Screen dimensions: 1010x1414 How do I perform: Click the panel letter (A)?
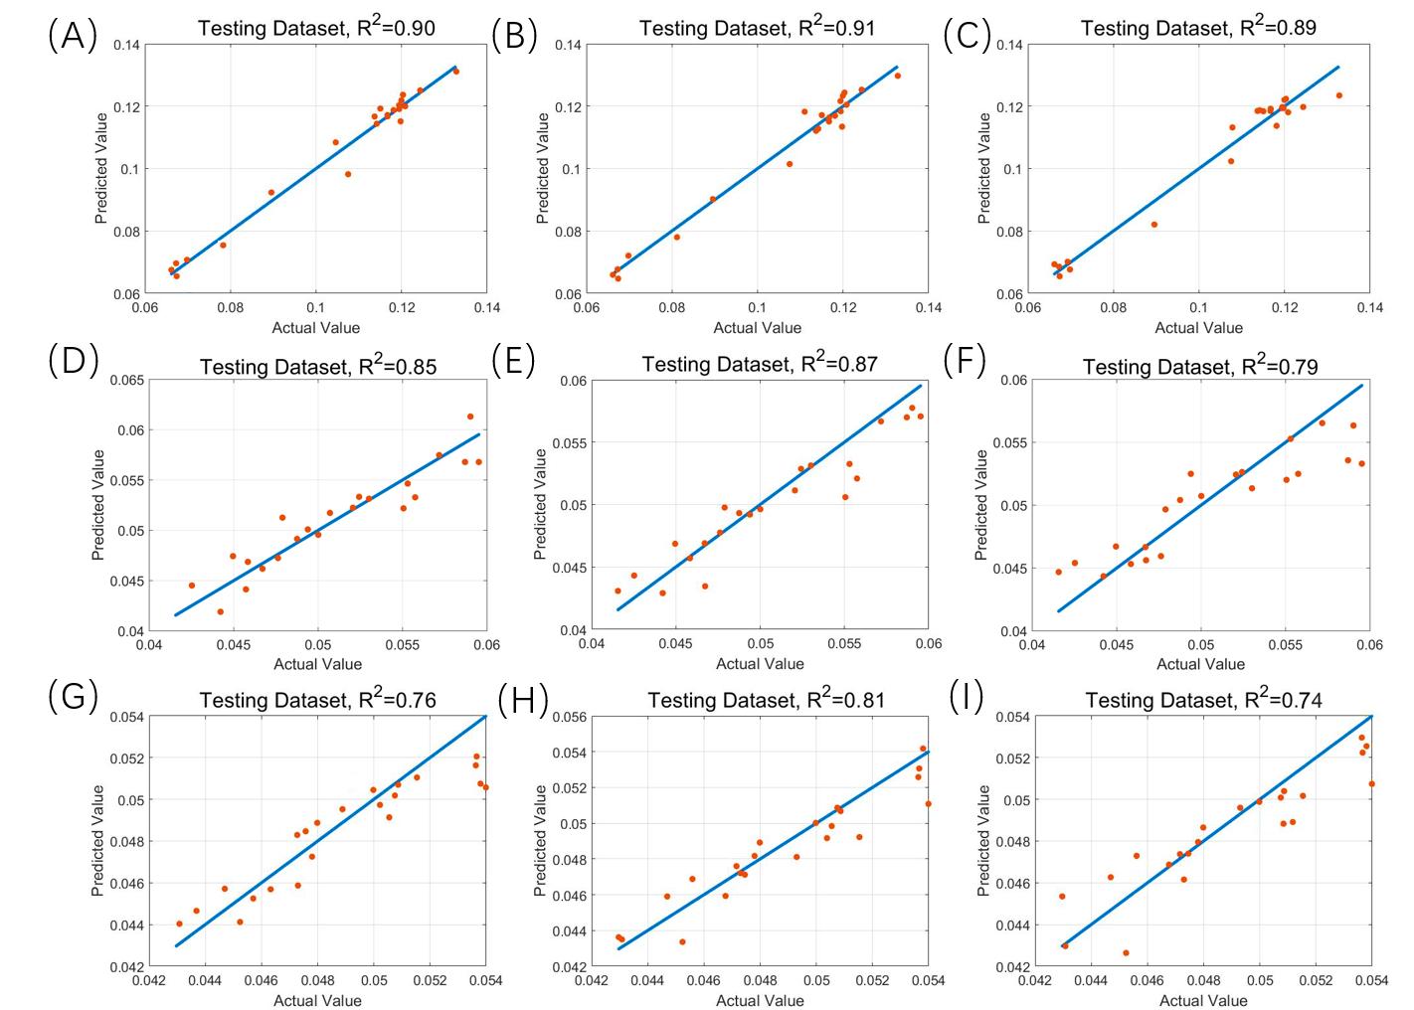(x=72, y=36)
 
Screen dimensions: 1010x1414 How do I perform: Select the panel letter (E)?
(x=513, y=361)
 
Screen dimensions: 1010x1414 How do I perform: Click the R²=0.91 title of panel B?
(x=757, y=28)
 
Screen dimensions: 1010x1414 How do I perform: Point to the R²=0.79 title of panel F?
(x=1200, y=367)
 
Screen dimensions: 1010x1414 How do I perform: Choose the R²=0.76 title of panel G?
(x=317, y=701)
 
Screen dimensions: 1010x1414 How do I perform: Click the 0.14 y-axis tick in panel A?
(x=126, y=45)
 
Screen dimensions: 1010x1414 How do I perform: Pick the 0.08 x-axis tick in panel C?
(x=1113, y=308)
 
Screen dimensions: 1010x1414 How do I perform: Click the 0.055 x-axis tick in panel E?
(x=844, y=644)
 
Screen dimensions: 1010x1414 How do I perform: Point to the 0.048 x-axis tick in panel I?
(x=1203, y=981)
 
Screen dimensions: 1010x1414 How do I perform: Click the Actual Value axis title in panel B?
(x=757, y=328)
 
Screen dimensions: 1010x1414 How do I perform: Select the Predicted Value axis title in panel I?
(x=983, y=841)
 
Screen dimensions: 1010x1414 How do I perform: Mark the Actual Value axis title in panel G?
(x=317, y=1001)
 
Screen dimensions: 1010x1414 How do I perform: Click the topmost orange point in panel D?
(x=470, y=417)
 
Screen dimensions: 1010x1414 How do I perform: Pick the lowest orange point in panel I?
(x=1126, y=952)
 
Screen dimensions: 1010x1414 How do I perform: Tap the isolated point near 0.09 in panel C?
(x=1154, y=225)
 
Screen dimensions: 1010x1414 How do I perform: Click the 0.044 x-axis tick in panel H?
(x=647, y=981)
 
